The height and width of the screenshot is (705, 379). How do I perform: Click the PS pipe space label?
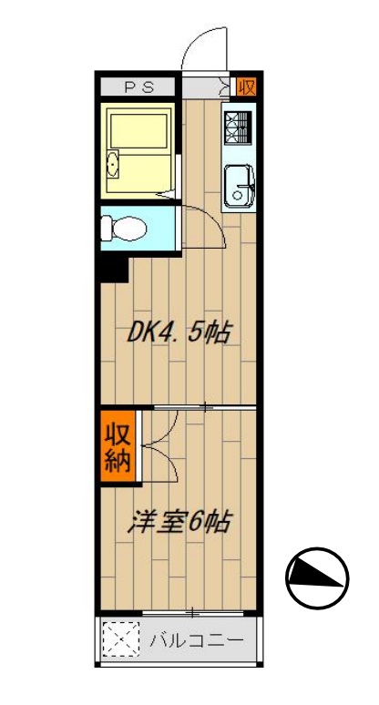139,87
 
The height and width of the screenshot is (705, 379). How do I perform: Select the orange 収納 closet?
116,445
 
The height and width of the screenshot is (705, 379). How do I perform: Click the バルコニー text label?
196,640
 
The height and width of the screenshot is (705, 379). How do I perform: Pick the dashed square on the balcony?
119,639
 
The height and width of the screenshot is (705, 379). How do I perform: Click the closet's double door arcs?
155,446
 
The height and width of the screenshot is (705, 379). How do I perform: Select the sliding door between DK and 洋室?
204,405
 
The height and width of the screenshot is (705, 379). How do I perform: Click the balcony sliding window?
193,610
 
